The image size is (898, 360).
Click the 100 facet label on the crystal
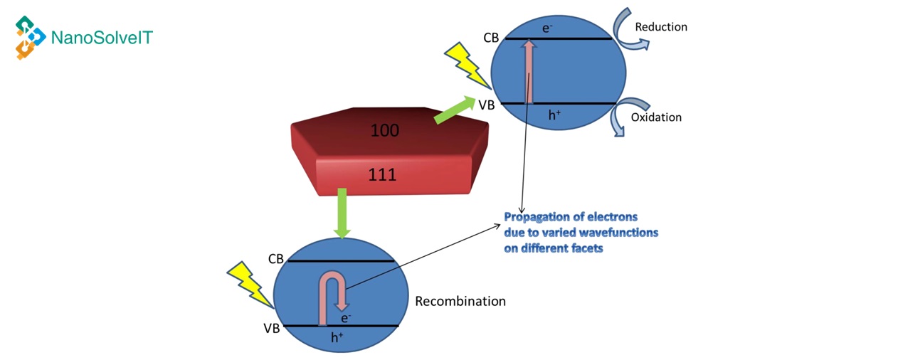click(384, 130)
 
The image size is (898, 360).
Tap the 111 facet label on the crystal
click(382, 175)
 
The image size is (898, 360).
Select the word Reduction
click(661, 27)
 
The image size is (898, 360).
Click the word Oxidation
click(656, 117)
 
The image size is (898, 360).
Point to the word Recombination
click(460, 301)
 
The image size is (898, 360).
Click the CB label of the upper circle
click(491, 38)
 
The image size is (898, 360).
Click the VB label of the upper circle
click(487, 105)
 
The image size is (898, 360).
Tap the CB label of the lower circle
click(276, 259)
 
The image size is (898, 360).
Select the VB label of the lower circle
click(271, 328)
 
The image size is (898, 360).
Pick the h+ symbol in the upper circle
click(554, 115)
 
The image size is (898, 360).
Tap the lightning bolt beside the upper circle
click(465, 64)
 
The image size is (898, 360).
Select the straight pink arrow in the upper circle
click(529, 72)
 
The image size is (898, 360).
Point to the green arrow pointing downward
click(342, 212)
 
